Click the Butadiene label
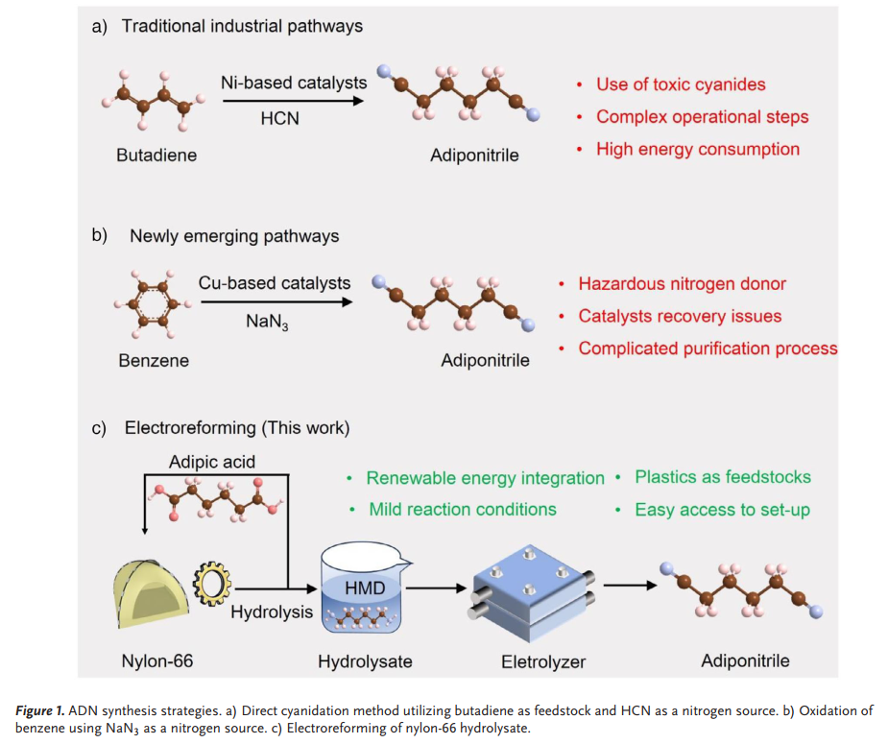pos(156,155)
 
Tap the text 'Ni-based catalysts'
pos(294,83)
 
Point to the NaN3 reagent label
pos(268,321)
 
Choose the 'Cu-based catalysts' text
pos(275,283)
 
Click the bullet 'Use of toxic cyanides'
pos(681,84)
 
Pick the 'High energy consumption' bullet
pos(697,149)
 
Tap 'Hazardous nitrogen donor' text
pos(682,284)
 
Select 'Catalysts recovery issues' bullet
pos(680,316)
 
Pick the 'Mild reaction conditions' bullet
pos(462,509)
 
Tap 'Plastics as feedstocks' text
pos(723,477)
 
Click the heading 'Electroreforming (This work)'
pos(235,427)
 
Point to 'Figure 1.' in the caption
pos(45,710)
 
